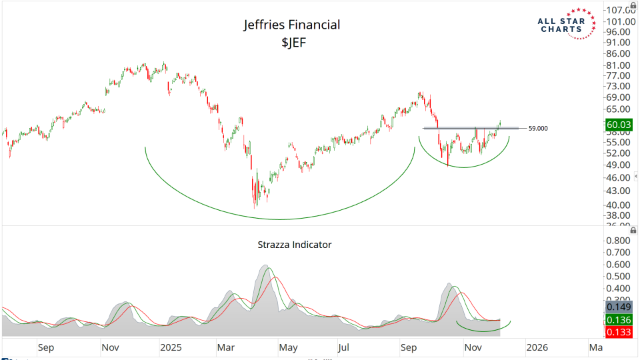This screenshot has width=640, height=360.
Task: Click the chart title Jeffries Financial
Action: tap(291, 25)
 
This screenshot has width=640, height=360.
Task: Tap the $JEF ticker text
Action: tap(291, 43)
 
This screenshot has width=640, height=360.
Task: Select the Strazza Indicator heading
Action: tap(295, 245)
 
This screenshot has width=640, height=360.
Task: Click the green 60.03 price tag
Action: tap(619, 124)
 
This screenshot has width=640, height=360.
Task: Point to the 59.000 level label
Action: tap(538, 128)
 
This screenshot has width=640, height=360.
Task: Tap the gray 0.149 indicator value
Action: tap(619, 307)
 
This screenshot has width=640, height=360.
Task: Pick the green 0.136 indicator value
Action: tap(619, 320)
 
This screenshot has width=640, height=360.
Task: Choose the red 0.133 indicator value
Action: tap(619, 333)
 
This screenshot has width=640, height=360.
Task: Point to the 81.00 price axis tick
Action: tap(618, 65)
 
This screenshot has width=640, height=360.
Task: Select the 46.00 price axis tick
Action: tap(618, 178)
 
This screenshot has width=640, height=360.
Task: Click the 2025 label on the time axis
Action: tap(171, 347)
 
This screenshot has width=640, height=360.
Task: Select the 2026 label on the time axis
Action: tap(537, 347)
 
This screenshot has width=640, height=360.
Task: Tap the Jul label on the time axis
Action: tap(343, 347)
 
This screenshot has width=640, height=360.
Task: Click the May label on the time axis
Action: tap(288, 347)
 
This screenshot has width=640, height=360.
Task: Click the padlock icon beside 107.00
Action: tap(633, 5)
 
